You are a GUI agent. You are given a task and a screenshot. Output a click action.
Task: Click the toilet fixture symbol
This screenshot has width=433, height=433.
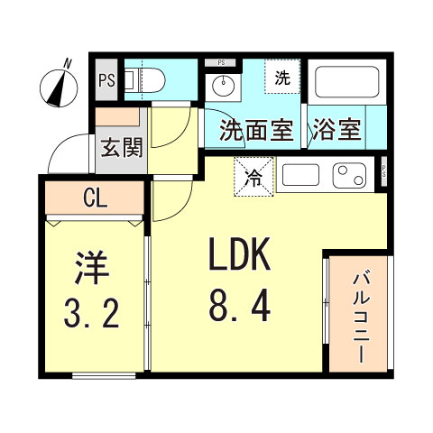[144, 80]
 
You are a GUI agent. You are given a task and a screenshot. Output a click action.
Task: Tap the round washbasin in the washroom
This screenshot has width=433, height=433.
[223, 85]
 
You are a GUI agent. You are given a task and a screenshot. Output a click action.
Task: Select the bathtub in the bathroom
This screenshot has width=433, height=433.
[346, 81]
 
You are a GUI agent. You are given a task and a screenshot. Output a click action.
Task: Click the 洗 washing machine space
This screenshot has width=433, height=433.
[282, 77]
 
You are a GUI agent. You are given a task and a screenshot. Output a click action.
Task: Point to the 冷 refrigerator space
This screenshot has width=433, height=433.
[253, 177]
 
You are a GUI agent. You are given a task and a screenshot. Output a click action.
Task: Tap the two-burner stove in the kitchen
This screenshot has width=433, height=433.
[349, 175]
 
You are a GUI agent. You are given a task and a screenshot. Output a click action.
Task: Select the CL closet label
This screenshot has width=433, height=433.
[96, 198]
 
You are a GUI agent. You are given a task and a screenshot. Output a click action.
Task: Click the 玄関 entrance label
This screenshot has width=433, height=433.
[122, 148]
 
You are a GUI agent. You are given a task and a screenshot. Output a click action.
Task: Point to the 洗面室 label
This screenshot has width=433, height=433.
[256, 130]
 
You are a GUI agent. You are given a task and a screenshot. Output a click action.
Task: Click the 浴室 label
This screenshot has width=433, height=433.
[336, 130]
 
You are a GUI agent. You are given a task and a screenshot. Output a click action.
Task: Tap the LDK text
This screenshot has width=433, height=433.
[240, 253]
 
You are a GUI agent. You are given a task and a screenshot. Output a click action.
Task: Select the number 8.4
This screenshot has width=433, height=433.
[240, 308]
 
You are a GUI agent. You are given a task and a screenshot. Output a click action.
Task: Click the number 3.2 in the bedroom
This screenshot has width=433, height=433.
[92, 314]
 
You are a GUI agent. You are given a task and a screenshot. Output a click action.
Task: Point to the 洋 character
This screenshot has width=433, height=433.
[92, 267]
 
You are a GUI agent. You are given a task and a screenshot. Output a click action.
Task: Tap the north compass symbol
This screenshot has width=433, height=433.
[59, 86]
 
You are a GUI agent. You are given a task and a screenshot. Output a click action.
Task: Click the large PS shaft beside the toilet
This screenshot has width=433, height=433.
[106, 80]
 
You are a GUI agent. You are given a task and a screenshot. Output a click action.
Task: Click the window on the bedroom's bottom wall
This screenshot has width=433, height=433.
[104, 376]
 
